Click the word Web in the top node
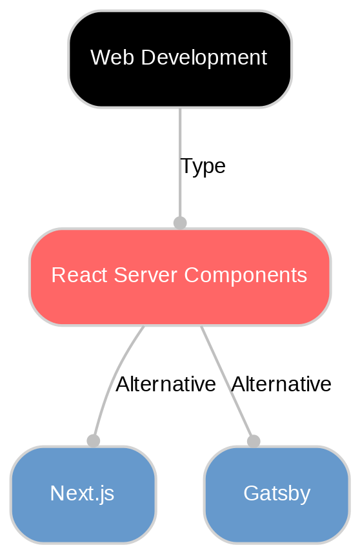(105, 58)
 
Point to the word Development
(195, 58)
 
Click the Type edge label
(203, 167)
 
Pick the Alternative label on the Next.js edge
(165, 384)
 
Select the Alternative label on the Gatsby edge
(281, 384)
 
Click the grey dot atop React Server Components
(180, 223)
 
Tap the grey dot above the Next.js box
(94, 440)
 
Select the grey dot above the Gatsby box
(254, 440)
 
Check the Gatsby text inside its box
(276, 494)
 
